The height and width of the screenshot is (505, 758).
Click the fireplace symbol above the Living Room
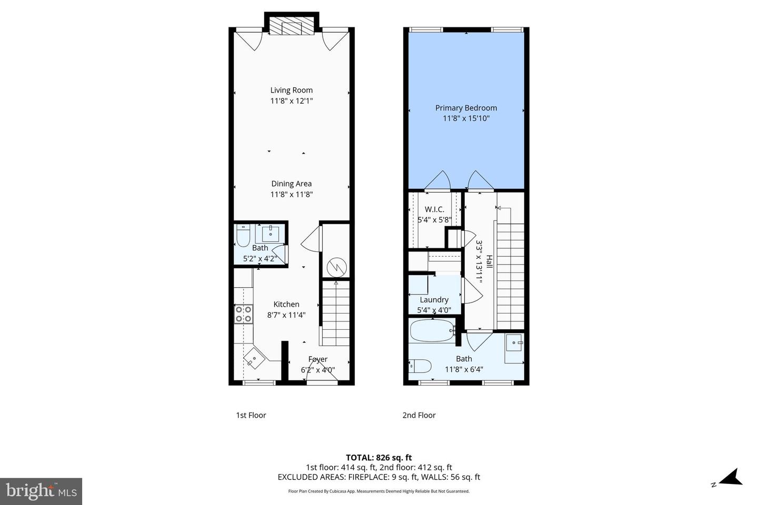pyautogui.click(x=292, y=28)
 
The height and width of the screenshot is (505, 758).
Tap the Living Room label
pyautogui.click(x=292, y=90)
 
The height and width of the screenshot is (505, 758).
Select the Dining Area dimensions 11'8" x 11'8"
pyautogui.click(x=292, y=194)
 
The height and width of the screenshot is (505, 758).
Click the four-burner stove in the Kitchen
pyautogui.click(x=243, y=314)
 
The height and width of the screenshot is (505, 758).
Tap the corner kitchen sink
pyautogui.click(x=254, y=359)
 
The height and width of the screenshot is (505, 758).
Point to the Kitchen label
pyautogui.click(x=286, y=304)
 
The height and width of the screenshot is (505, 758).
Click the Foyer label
pyautogui.click(x=318, y=359)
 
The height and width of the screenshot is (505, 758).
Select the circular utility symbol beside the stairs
pyautogui.click(x=335, y=267)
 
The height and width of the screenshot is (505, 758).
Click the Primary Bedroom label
pyautogui.click(x=466, y=108)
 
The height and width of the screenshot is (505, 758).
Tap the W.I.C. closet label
pyautogui.click(x=434, y=209)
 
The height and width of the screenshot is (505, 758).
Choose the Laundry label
pyautogui.click(x=434, y=300)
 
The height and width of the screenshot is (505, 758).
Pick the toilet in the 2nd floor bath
pyautogui.click(x=421, y=365)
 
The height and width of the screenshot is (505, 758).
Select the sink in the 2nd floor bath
pyautogui.click(x=513, y=343)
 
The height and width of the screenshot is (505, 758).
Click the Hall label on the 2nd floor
pyautogui.click(x=489, y=261)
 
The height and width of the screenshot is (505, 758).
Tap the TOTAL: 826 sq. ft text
pyautogui.click(x=378, y=458)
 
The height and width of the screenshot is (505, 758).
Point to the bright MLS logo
pyautogui.click(x=41, y=491)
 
